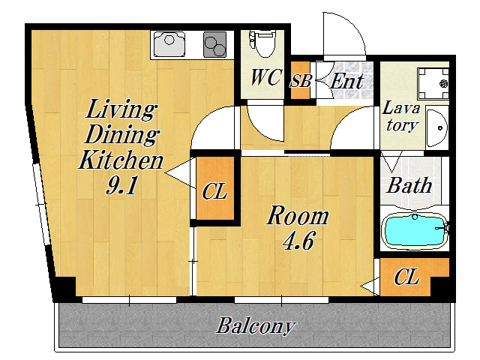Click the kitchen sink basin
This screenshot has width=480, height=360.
169,44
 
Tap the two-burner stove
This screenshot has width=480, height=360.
215,45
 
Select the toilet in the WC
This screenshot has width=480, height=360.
262,43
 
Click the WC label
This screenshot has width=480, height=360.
265,77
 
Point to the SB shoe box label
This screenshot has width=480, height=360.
300,81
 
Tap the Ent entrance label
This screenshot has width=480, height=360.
346,81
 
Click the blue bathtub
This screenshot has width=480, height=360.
415,231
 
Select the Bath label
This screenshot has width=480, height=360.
409,185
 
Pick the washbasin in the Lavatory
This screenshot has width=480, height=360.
436,127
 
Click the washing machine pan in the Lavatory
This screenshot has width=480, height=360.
433,83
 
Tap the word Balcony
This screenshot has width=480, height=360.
256,326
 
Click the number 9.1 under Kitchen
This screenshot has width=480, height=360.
121,185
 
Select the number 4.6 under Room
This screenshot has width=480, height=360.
298,241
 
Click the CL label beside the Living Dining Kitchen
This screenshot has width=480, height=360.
214,192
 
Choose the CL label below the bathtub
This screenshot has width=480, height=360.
406,277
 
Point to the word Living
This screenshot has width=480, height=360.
121,109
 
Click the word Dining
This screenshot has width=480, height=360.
121,135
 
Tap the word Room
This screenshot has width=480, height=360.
298,216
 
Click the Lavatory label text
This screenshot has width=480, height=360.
401,116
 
